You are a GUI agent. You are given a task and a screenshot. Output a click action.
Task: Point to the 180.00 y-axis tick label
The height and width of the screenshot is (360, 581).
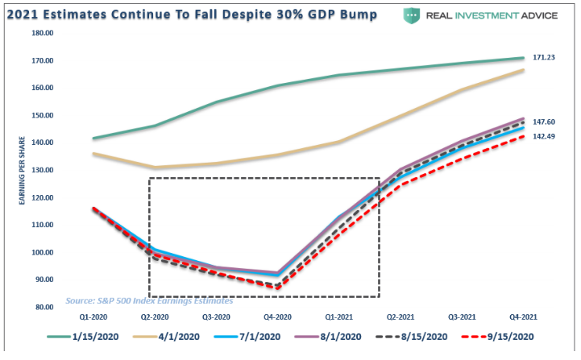42,33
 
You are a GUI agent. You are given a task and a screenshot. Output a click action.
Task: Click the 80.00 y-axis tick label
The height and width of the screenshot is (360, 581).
44,307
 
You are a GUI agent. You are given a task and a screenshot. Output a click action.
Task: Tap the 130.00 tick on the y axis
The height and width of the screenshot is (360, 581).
42,170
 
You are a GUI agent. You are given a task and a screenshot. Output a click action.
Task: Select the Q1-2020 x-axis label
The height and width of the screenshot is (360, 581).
93,317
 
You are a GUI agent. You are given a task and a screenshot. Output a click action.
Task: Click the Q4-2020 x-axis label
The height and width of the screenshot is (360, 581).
278,317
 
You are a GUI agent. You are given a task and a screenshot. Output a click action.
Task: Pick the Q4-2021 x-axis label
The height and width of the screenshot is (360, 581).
524,317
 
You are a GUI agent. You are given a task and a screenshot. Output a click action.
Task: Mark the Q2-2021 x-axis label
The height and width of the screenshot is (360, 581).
400,317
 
